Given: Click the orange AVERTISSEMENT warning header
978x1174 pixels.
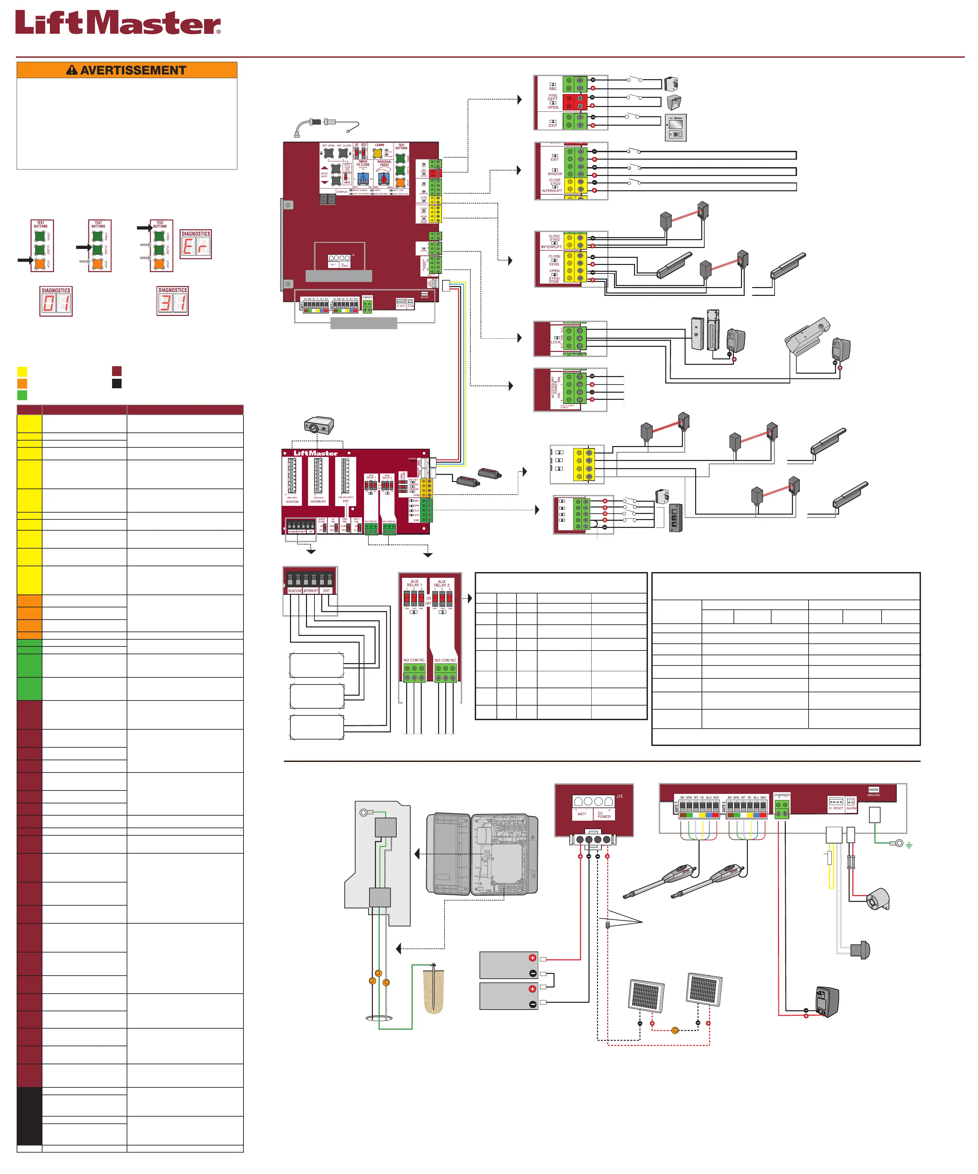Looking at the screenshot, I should click(x=127, y=70).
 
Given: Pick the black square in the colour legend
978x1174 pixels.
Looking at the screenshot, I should click(x=117, y=384).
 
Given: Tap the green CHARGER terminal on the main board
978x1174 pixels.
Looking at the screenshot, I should click(x=367, y=307).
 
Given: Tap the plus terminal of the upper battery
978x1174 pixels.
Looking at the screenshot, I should click(x=532, y=958).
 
